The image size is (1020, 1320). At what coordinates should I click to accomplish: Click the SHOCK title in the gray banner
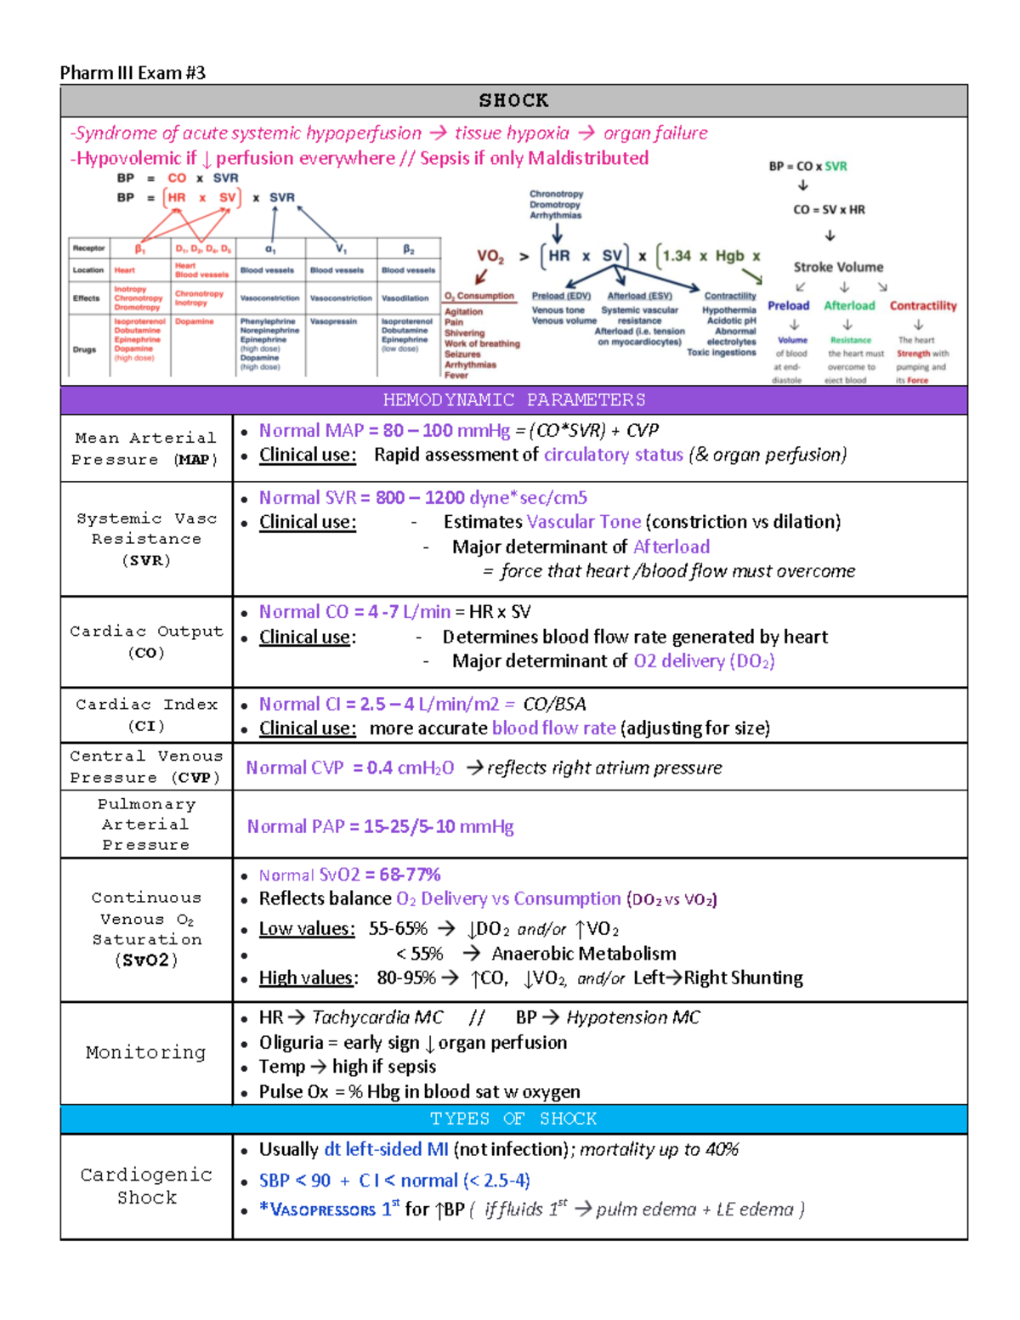tap(513, 101)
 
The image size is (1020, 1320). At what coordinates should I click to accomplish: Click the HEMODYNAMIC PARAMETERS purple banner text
tap(513, 400)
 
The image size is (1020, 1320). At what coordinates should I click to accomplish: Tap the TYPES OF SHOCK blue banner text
tap(513, 1119)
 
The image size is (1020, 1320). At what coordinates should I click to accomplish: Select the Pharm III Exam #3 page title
tap(133, 73)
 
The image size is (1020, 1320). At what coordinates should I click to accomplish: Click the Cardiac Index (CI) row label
tap(146, 715)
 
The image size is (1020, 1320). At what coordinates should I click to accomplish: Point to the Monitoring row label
tap(146, 1052)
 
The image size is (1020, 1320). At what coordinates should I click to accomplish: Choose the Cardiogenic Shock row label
tap(146, 1186)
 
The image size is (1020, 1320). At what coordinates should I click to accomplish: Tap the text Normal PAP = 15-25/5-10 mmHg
tap(380, 826)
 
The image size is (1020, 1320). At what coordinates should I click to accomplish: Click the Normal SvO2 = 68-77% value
tap(349, 875)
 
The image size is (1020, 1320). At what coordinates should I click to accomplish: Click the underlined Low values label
tap(307, 929)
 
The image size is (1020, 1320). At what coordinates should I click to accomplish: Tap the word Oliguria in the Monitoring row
tap(291, 1043)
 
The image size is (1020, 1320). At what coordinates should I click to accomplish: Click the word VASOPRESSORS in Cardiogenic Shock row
tap(322, 1210)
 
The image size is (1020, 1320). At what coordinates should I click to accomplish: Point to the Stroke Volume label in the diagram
tap(838, 267)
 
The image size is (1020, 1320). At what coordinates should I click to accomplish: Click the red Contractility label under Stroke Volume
tap(923, 306)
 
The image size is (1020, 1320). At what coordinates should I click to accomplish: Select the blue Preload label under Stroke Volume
tap(789, 306)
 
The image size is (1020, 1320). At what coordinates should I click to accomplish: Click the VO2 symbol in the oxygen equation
tap(490, 257)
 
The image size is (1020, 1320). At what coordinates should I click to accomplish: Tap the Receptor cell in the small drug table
tap(88, 248)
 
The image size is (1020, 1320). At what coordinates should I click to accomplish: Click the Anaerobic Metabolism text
tap(584, 954)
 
